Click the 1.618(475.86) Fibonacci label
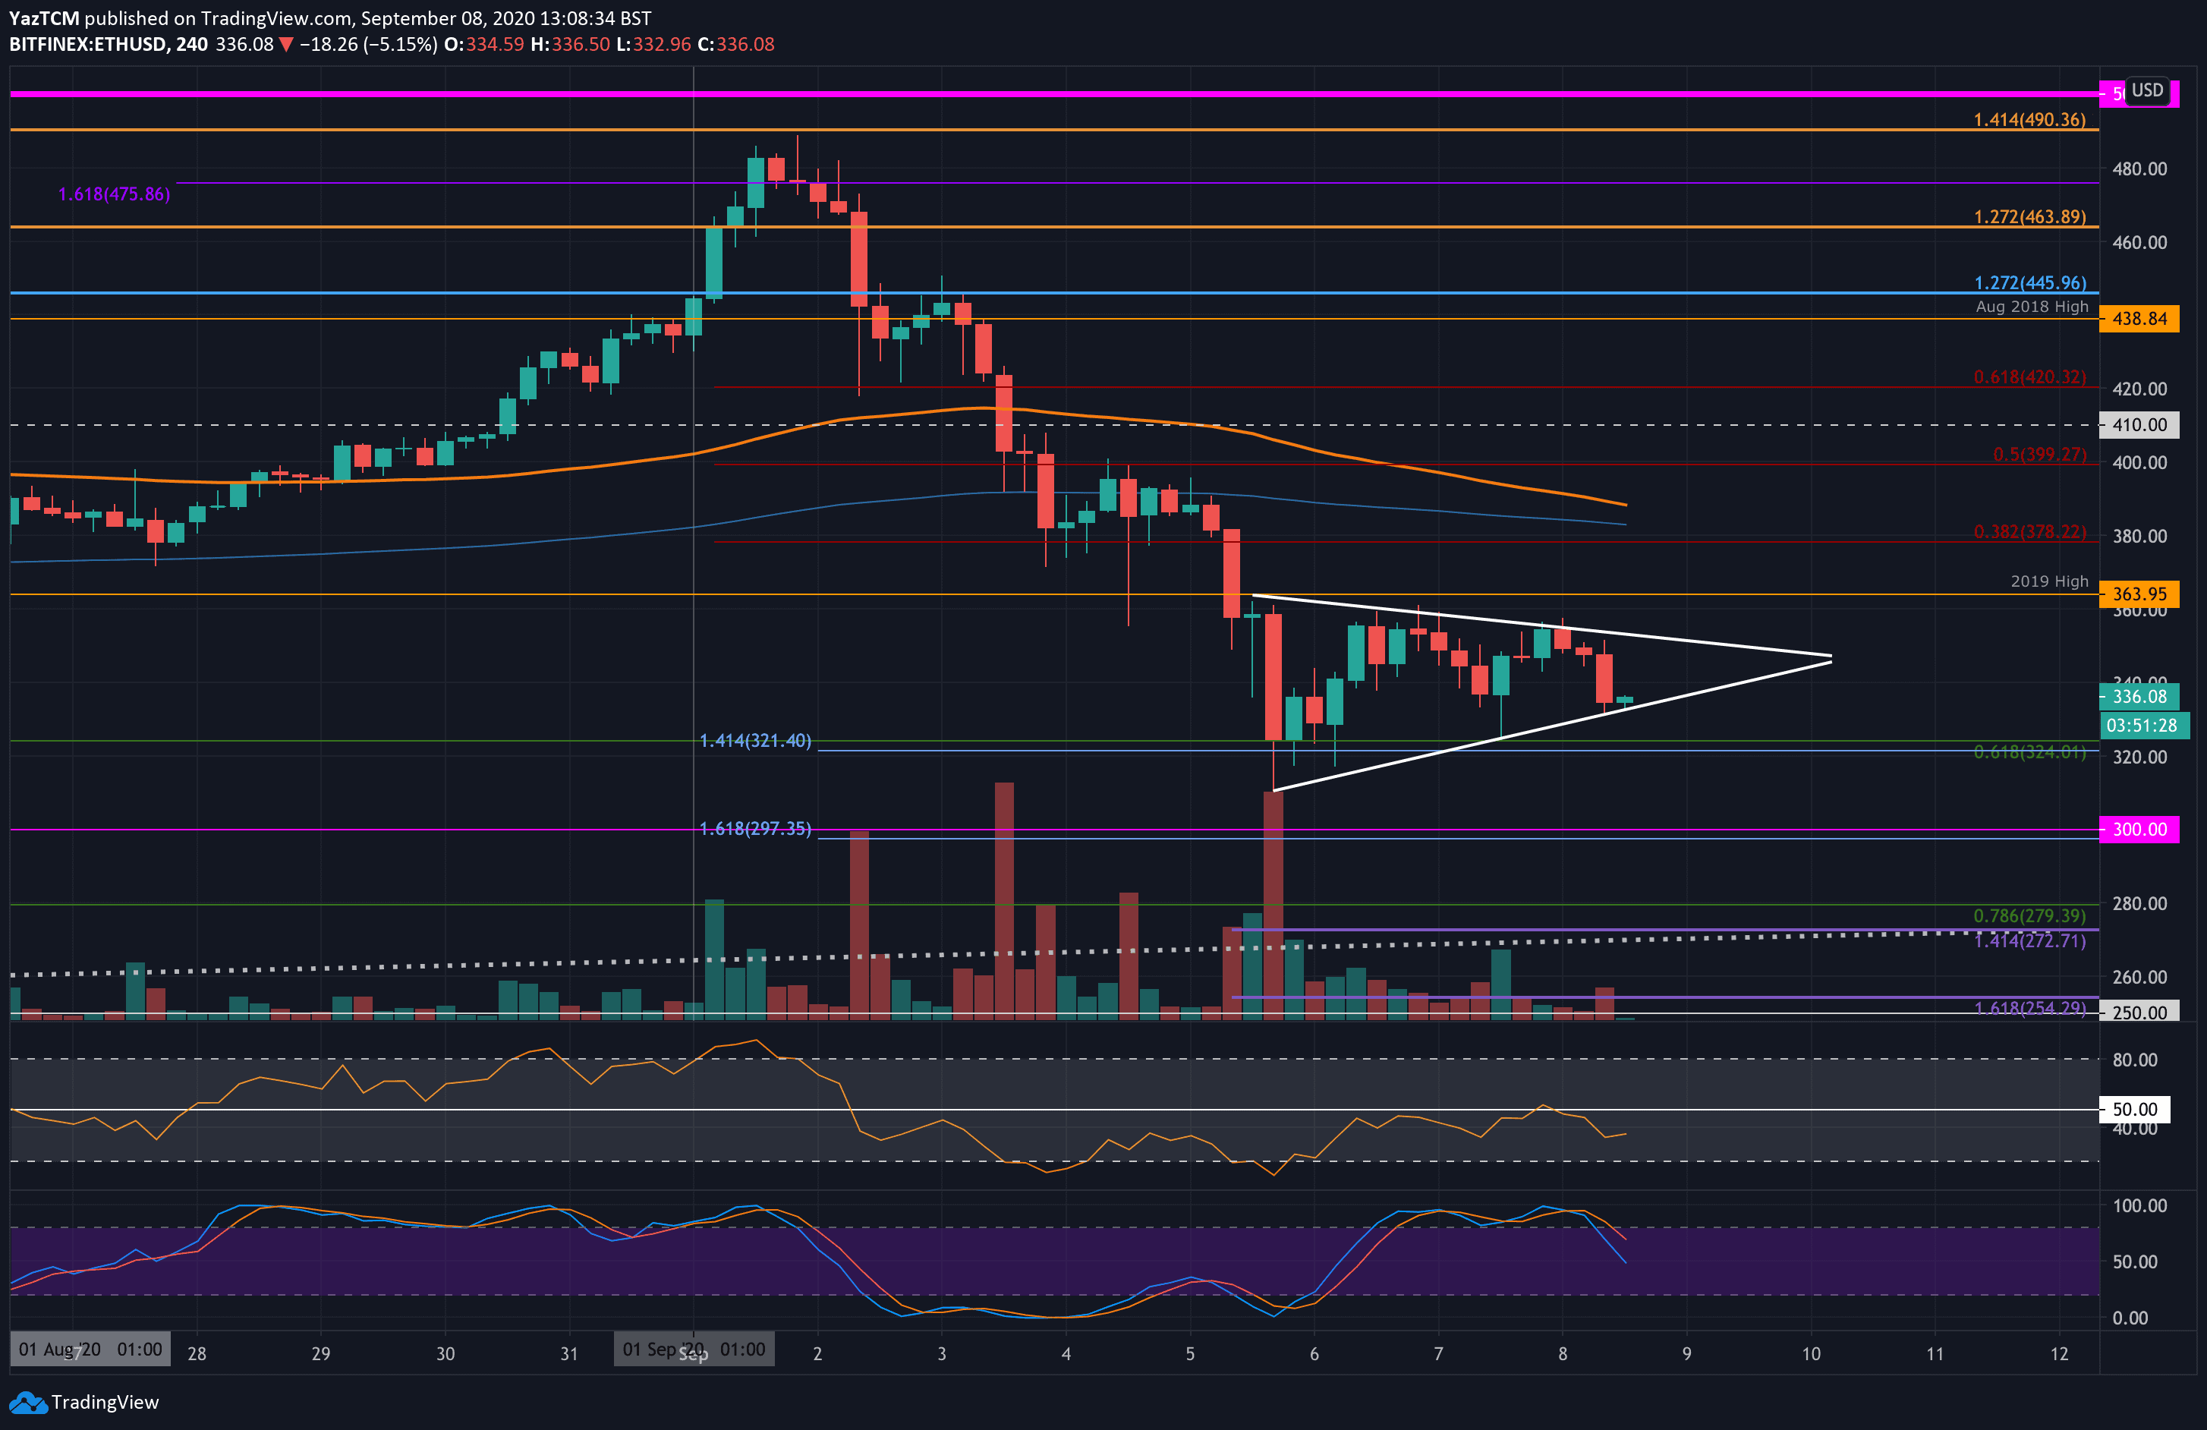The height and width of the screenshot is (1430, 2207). (114, 194)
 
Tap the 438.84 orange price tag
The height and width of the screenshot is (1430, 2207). (2139, 319)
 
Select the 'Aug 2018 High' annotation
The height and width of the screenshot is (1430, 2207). (2031, 306)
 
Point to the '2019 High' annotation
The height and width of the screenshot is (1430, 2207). (2048, 581)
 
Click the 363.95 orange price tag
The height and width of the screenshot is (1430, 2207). (2139, 594)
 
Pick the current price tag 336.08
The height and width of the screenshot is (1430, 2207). (2139, 697)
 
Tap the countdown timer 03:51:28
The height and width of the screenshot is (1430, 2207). (2140, 725)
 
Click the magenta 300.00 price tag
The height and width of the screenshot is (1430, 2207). (2139, 829)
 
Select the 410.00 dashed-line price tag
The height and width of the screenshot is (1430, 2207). (2139, 425)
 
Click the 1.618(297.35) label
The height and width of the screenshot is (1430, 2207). (755, 828)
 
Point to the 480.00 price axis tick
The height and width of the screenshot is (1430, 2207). (2139, 169)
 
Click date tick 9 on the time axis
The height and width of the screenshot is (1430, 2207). (1686, 1353)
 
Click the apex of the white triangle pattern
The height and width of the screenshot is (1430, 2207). (1831, 658)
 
